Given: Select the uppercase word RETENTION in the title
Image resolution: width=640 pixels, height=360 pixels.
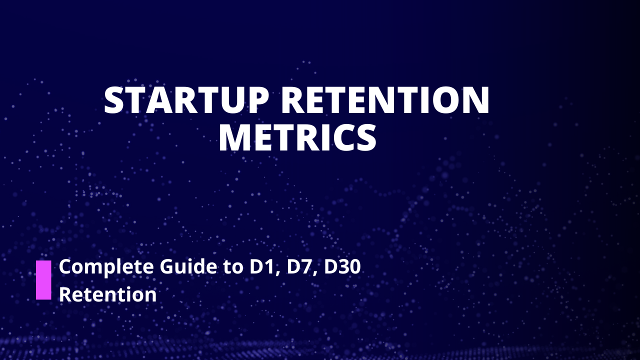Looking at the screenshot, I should pos(385,101).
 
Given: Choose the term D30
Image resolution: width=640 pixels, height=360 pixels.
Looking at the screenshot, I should pos(342,267).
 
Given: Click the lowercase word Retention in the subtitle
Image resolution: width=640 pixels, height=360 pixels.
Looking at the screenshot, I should pos(108,294).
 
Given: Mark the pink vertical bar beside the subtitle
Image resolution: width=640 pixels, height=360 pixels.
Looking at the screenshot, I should pos(43,280).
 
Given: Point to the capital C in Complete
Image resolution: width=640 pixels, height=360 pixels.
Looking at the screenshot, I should pos(66,267).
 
